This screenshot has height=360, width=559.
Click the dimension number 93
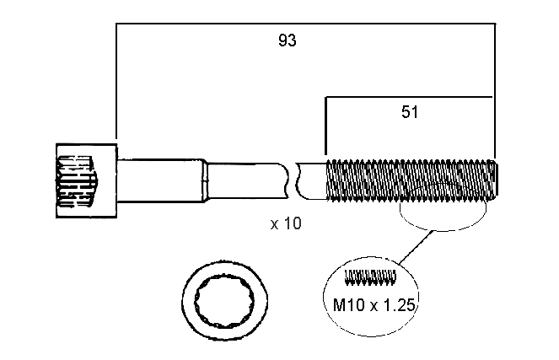[x=287, y=40]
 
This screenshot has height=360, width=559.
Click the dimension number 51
[x=411, y=111]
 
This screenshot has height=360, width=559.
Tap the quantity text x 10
[x=286, y=224]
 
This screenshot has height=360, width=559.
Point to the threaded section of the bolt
[x=409, y=180]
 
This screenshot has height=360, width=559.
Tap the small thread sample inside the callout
[x=372, y=276]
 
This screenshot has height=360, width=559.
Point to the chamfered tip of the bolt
[x=497, y=180]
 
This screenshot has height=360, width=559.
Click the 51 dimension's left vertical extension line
[x=325, y=126]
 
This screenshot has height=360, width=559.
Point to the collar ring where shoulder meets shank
[x=205, y=180]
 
